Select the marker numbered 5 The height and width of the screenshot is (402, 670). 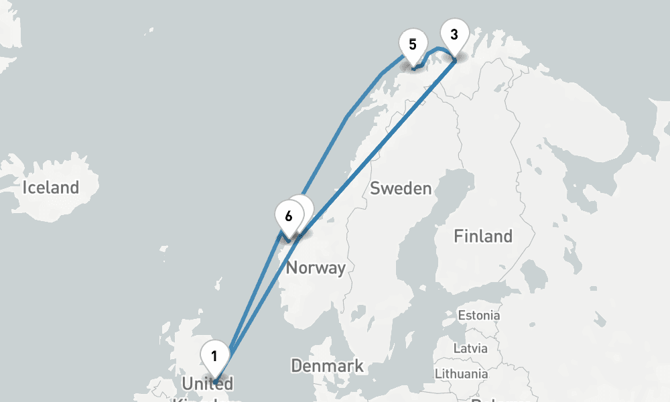tap(413, 45)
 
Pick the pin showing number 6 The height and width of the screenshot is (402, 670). tap(288, 216)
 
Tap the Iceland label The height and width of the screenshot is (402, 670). tap(51, 188)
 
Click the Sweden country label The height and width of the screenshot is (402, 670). tap(401, 188)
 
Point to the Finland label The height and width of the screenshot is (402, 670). tap(482, 236)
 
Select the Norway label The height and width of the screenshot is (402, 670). tap(316, 269)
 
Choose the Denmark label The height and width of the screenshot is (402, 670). tap(327, 366)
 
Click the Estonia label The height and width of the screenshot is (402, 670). tap(478, 315)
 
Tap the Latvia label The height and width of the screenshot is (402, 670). tap(470, 349)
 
